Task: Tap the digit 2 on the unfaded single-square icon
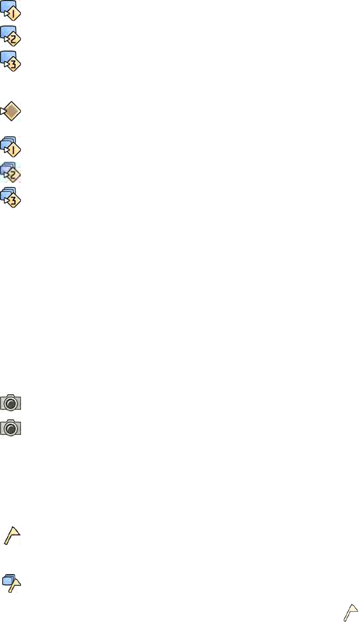(x=14, y=39)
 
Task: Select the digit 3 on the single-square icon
(x=14, y=64)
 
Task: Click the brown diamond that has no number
(x=12, y=111)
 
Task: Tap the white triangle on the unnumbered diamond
(x=3, y=111)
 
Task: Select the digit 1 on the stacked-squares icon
(x=14, y=149)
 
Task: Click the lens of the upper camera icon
(x=11, y=404)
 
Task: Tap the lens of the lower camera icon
(x=11, y=429)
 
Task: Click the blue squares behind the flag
(x=7, y=580)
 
